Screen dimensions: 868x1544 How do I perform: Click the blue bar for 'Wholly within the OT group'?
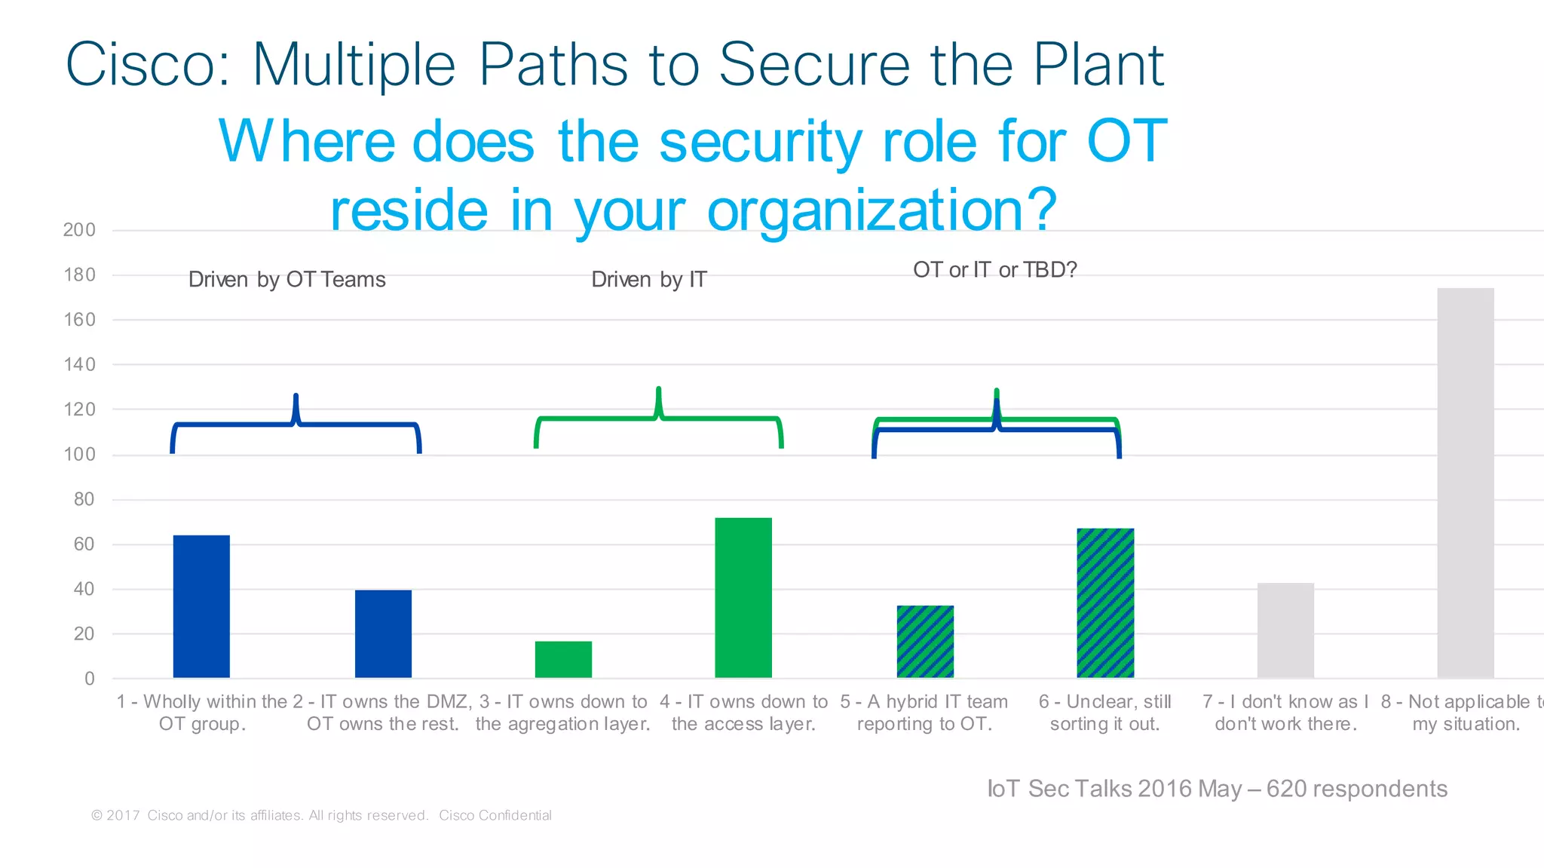201,606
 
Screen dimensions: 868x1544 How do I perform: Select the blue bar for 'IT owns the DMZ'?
383,633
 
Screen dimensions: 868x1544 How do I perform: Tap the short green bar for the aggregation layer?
563,659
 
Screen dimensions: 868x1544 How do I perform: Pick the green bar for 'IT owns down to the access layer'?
743,597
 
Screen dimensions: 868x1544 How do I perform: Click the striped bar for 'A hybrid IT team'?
925,641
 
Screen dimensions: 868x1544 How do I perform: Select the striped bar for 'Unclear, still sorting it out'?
1105,603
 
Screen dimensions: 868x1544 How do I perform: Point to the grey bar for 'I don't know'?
1285,630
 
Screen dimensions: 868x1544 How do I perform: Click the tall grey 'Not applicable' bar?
1465,483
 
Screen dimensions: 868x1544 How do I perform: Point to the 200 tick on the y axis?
79,230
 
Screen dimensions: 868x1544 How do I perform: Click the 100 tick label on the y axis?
79,454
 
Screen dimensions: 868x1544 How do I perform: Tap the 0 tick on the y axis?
90,678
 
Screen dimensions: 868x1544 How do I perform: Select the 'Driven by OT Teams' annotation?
286,280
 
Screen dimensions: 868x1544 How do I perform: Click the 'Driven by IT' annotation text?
648,280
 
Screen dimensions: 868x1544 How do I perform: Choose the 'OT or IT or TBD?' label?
994,270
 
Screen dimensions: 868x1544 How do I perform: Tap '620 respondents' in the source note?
1356,789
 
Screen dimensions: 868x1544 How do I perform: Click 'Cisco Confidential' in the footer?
495,815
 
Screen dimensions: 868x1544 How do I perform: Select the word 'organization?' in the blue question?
881,211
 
